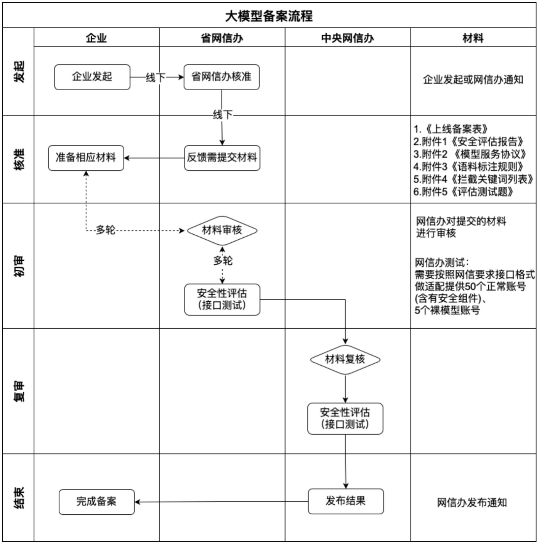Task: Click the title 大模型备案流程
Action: click(x=269, y=16)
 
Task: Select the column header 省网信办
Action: click(x=222, y=38)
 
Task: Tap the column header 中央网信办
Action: click(x=348, y=38)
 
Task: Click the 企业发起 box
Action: click(x=92, y=77)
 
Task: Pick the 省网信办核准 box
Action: click(x=221, y=77)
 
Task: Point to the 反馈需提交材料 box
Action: click(x=222, y=158)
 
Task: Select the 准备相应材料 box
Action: click(x=86, y=158)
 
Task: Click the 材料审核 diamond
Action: click(x=222, y=230)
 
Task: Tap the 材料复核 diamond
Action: click(x=345, y=360)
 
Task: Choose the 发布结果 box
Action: click(x=346, y=501)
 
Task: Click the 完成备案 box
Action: click(x=96, y=502)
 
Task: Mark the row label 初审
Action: click(x=19, y=266)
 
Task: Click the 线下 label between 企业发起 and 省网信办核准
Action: click(x=156, y=77)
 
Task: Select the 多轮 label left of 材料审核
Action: click(x=105, y=230)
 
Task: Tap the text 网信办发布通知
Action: click(x=472, y=502)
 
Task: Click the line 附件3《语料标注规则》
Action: click(x=469, y=166)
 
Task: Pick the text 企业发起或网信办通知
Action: click(x=473, y=80)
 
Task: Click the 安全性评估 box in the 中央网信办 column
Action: click(x=345, y=418)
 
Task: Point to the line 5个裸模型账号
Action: click(x=448, y=310)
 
